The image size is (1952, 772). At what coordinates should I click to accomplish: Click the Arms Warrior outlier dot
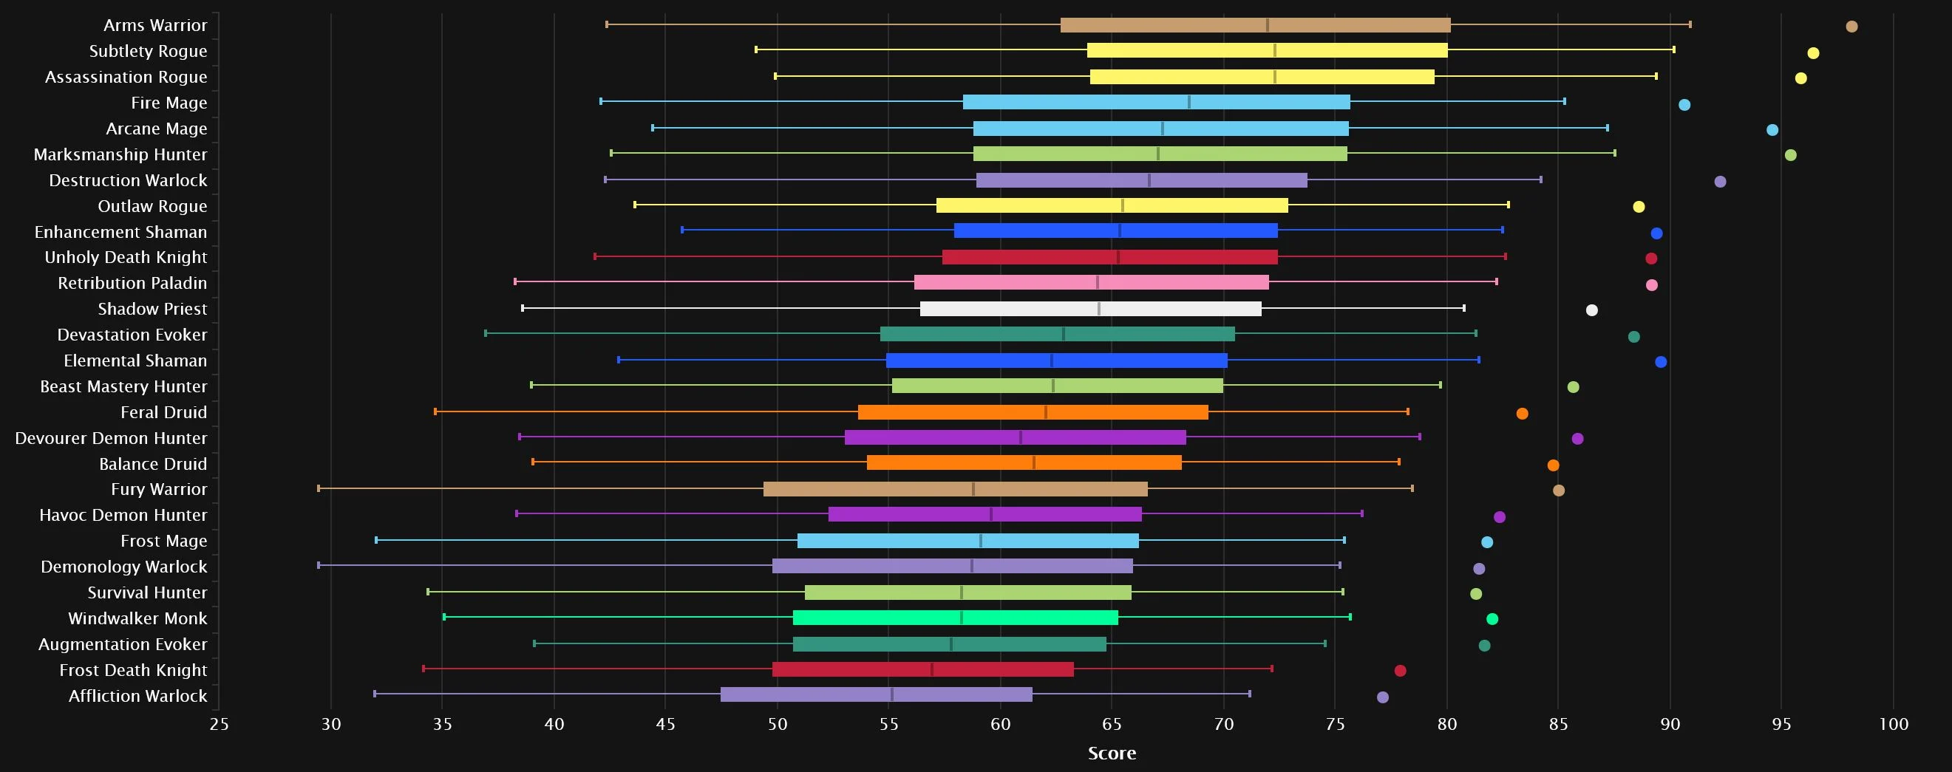click(1851, 27)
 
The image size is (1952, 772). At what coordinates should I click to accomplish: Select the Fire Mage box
click(1157, 102)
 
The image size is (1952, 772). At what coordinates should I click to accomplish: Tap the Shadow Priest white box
click(1090, 308)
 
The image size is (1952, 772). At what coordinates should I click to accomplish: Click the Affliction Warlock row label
click(138, 695)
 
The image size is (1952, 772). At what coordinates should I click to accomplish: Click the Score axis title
click(1112, 753)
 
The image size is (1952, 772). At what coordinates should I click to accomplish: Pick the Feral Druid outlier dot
click(1523, 414)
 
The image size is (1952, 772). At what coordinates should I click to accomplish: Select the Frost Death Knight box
click(923, 670)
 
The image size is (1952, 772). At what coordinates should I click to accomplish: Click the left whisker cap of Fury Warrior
click(319, 488)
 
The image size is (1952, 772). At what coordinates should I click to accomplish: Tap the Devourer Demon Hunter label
click(111, 438)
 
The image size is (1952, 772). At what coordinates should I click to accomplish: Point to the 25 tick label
click(219, 724)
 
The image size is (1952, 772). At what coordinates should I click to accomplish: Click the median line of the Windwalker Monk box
click(962, 618)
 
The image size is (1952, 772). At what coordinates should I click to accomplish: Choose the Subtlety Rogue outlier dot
click(1813, 53)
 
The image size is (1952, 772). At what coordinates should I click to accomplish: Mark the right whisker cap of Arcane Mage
click(1608, 128)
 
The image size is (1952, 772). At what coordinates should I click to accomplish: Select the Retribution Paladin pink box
click(1091, 283)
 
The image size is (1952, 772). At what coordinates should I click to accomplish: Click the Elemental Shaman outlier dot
click(1661, 362)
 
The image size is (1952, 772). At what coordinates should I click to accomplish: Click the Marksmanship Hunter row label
click(120, 154)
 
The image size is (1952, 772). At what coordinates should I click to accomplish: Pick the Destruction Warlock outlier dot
click(1720, 182)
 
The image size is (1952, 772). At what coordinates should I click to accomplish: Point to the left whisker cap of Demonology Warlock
click(319, 565)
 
